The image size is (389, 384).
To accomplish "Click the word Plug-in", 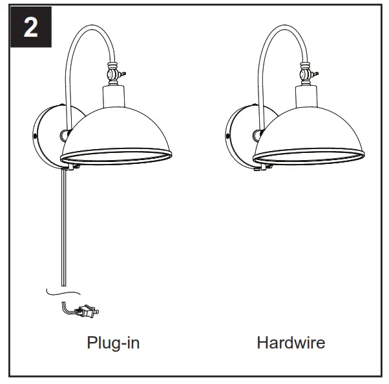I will point(113,342).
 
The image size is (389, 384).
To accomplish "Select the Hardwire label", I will point(290,342).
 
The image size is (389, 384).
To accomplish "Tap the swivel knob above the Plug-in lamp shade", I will point(112,72).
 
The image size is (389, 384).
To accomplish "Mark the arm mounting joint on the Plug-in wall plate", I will point(65,136).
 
